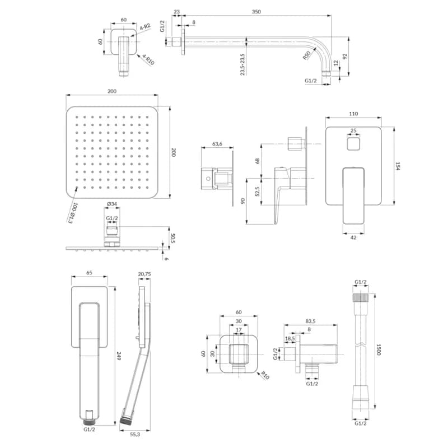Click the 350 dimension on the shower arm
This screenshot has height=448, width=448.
tap(256, 12)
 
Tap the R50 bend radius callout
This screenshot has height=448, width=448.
tap(306, 55)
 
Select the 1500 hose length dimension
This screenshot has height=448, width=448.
tap(379, 349)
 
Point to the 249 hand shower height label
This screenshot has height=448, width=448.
tap(119, 356)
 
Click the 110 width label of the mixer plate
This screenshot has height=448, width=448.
tap(353, 114)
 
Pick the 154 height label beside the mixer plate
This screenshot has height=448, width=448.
tap(398, 166)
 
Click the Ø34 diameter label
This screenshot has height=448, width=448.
tap(111, 204)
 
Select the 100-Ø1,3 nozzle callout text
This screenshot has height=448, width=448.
tap(73, 213)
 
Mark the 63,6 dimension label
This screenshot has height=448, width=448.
tap(217, 144)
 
